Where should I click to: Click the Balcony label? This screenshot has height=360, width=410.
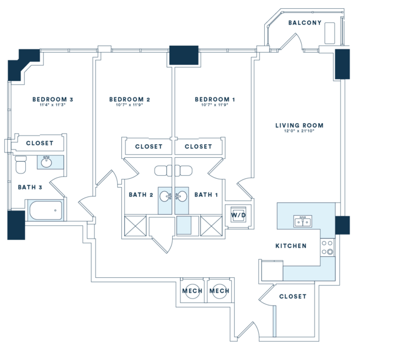[x=305, y=23]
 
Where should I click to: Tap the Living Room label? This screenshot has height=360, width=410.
[x=299, y=125]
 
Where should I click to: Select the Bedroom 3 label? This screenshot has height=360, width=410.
[x=53, y=100]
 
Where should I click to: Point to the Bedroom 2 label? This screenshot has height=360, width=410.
[x=130, y=100]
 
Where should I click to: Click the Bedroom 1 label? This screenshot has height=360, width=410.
[x=215, y=100]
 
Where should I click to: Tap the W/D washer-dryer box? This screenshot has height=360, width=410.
[x=238, y=215]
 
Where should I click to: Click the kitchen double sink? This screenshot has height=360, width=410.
[x=303, y=220]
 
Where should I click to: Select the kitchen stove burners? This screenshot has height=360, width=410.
[x=327, y=248]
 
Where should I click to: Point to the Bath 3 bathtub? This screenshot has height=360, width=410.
[x=46, y=210]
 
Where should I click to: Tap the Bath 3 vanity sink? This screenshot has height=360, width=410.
[x=46, y=162]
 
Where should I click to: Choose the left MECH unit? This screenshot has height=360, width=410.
[x=192, y=291]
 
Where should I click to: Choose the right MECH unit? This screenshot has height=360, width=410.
[x=219, y=291]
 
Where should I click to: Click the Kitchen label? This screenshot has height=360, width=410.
[x=291, y=246]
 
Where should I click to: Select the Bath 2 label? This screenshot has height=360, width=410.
[x=141, y=195]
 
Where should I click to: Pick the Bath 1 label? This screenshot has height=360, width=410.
[x=206, y=195]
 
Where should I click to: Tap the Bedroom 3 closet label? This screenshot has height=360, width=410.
[x=40, y=143]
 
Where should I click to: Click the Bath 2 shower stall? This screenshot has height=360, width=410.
[x=135, y=225]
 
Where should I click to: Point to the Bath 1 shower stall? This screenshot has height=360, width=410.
[x=211, y=225]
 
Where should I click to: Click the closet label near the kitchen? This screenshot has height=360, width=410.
[x=293, y=297]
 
